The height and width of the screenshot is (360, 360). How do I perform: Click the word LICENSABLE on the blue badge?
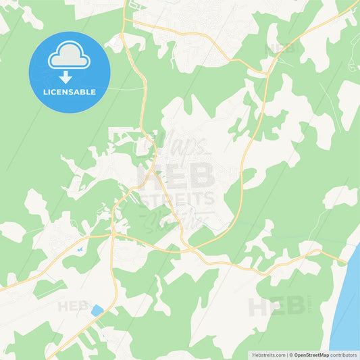click(x=69, y=91)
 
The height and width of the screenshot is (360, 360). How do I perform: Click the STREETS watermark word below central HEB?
click(x=177, y=199)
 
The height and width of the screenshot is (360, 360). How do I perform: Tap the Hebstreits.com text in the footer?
click(x=266, y=354)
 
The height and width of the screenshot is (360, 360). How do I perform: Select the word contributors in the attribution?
click(x=343, y=354)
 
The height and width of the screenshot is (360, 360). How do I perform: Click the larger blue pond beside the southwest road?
click(x=97, y=311)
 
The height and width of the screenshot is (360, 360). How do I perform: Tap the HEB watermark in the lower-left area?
click(x=73, y=306)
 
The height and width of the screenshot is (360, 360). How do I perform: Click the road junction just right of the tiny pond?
click(x=112, y=234)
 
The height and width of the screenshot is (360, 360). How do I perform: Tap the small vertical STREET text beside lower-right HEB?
click(x=311, y=306)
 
